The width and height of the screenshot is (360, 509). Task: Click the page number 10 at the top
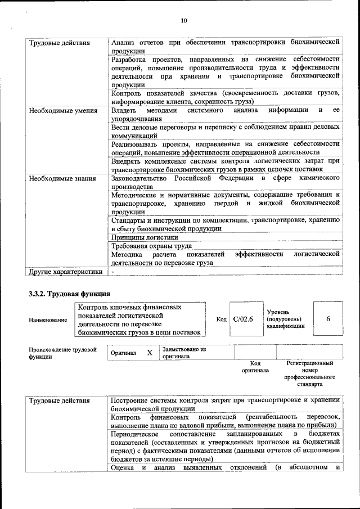pos(183,21)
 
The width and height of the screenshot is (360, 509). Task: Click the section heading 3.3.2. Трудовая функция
pos(69,294)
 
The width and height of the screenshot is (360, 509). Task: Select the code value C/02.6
pos(244,319)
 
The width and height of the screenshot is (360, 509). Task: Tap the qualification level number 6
pos(328,319)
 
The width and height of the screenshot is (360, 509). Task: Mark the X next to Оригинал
pos(149,353)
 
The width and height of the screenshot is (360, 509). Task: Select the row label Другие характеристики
pos(66,272)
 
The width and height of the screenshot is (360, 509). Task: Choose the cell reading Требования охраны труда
pos(152,246)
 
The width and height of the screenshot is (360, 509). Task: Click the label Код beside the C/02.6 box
pos(221,319)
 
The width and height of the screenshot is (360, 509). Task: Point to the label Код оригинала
pos(255,367)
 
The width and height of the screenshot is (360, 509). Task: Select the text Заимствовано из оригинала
pos(184,353)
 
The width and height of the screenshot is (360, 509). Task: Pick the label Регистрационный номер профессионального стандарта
pos(310,373)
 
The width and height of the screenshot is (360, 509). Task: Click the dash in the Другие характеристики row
pos(112,272)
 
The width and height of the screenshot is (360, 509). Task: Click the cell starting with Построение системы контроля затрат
pos(225,404)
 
